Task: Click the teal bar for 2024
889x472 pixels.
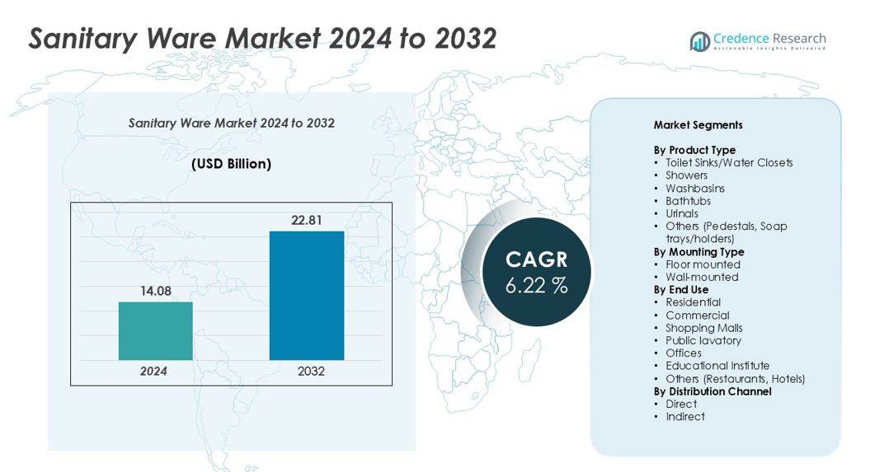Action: click(155, 330)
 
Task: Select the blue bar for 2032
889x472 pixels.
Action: click(306, 295)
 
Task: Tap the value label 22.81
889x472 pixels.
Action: click(306, 220)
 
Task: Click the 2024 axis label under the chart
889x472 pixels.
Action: click(153, 372)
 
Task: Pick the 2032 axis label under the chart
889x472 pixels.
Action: click(311, 372)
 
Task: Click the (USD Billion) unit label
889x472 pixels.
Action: click(231, 164)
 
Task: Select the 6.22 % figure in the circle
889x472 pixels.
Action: click(536, 286)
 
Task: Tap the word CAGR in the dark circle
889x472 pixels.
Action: click(537, 259)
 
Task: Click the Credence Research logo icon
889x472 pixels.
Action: click(700, 41)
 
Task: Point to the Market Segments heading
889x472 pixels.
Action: click(698, 125)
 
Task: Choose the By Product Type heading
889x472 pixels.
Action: click(694, 150)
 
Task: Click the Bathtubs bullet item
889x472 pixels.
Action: click(688, 201)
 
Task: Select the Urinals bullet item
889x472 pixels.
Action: click(682, 213)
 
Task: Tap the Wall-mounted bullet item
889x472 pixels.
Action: click(702, 277)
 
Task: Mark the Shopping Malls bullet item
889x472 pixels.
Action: click(703, 328)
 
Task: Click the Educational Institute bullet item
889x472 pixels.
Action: click(717, 366)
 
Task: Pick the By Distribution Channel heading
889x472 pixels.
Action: click(713, 391)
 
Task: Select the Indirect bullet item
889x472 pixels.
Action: click(685, 417)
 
